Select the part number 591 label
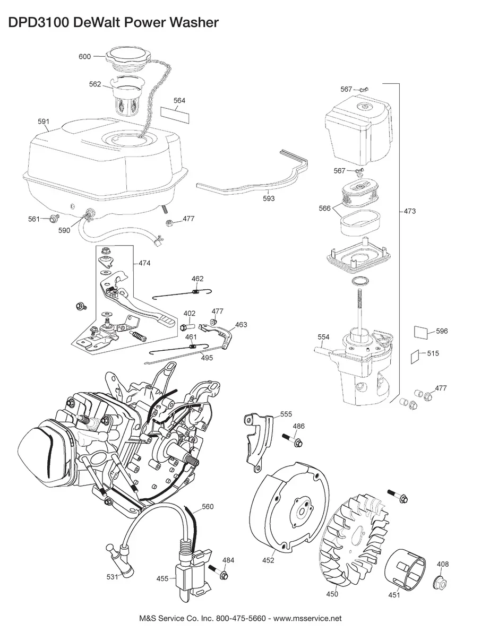(44, 121)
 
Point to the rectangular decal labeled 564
(175, 114)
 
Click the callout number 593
(269, 198)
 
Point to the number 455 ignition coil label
(162, 578)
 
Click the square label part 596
(421, 332)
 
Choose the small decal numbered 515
(415, 357)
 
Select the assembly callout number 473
(410, 211)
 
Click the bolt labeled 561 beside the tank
(54, 218)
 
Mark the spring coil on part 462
(196, 291)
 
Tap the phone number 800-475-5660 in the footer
(241, 619)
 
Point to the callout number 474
(144, 263)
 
